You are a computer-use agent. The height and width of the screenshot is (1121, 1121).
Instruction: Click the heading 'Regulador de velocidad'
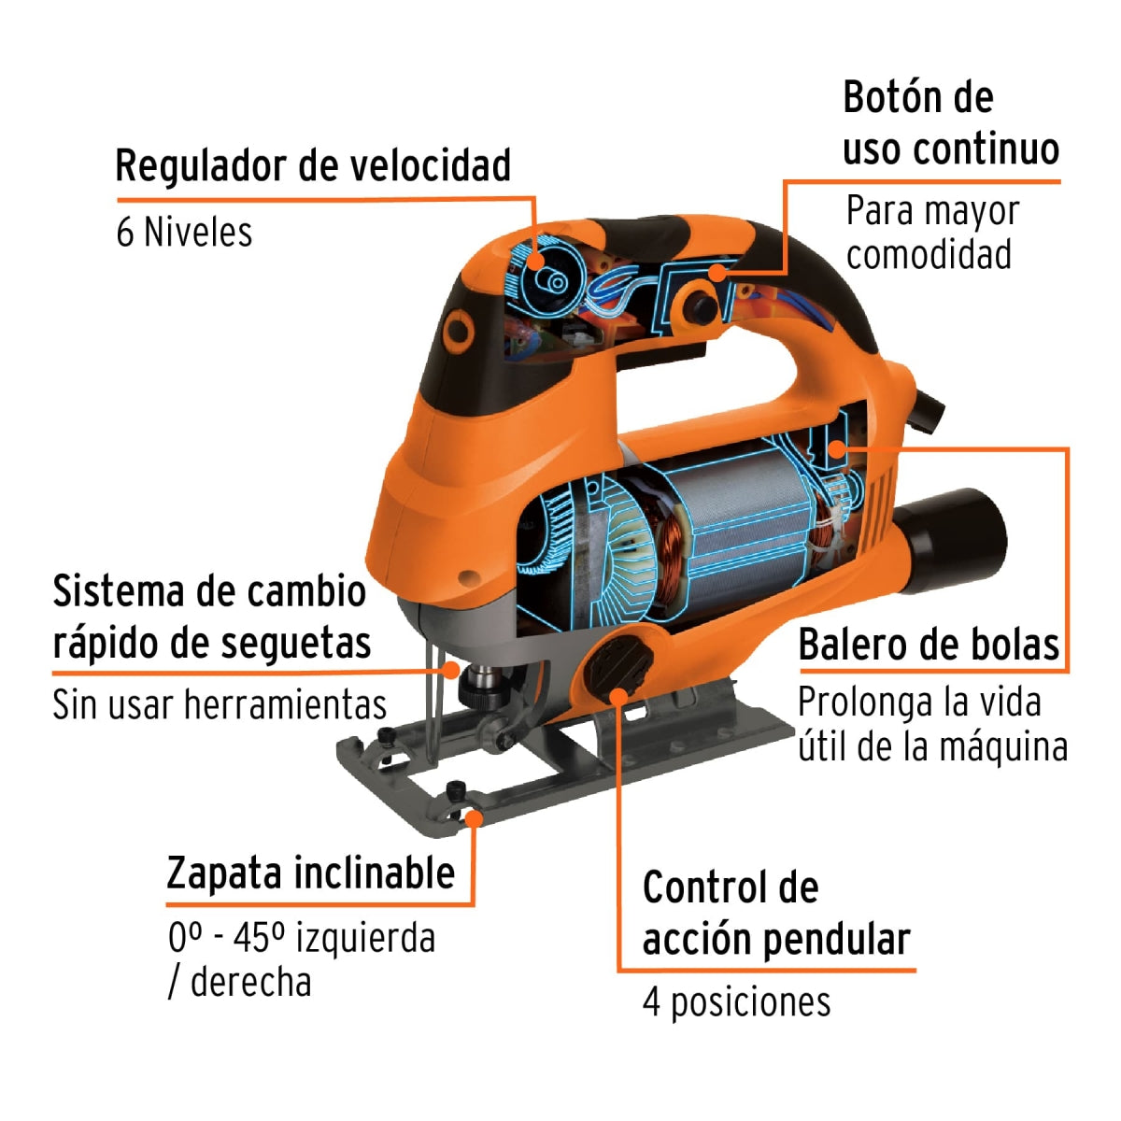point(313,166)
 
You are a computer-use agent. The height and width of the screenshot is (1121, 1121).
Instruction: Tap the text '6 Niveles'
point(184,232)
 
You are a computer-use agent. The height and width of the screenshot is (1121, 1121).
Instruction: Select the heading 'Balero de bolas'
point(929,646)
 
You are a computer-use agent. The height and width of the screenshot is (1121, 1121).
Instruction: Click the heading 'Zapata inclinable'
point(311,873)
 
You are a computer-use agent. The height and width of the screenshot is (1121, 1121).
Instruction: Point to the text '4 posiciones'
point(736,1002)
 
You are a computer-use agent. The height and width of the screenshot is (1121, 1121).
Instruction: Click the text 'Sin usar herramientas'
point(220,705)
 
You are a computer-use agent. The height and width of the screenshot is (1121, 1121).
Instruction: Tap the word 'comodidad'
point(929,254)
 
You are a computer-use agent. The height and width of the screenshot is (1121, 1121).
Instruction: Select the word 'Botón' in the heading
point(892,97)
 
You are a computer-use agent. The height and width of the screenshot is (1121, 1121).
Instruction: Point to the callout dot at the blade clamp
point(453,669)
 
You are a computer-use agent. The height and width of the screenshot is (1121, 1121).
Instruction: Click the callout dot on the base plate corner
point(474,818)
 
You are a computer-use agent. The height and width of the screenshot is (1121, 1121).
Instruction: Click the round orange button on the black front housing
point(459,329)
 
